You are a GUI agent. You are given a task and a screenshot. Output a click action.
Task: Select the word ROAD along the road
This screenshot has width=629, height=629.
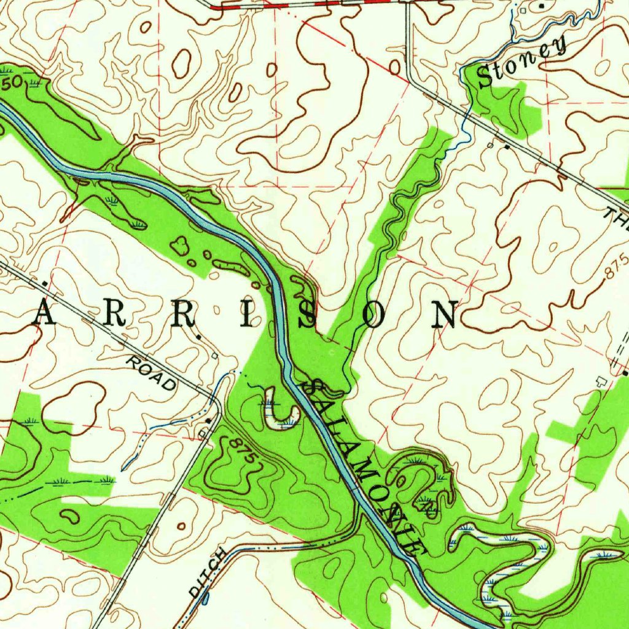tap(151, 372)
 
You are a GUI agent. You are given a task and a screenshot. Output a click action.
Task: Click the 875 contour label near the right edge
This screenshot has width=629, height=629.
tap(617, 268)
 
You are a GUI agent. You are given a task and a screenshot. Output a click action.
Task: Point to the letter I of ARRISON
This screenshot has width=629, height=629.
tap(246, 314)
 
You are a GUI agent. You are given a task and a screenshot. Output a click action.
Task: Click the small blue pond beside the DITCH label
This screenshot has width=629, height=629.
tap(205, 596)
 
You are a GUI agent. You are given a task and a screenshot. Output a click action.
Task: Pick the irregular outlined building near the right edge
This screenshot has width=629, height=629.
tap(603, 381)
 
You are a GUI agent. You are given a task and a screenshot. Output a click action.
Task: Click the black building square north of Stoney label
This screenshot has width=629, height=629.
tap(541, 6)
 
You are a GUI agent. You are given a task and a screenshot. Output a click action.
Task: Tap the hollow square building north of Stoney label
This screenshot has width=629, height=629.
tap(523, 10)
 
